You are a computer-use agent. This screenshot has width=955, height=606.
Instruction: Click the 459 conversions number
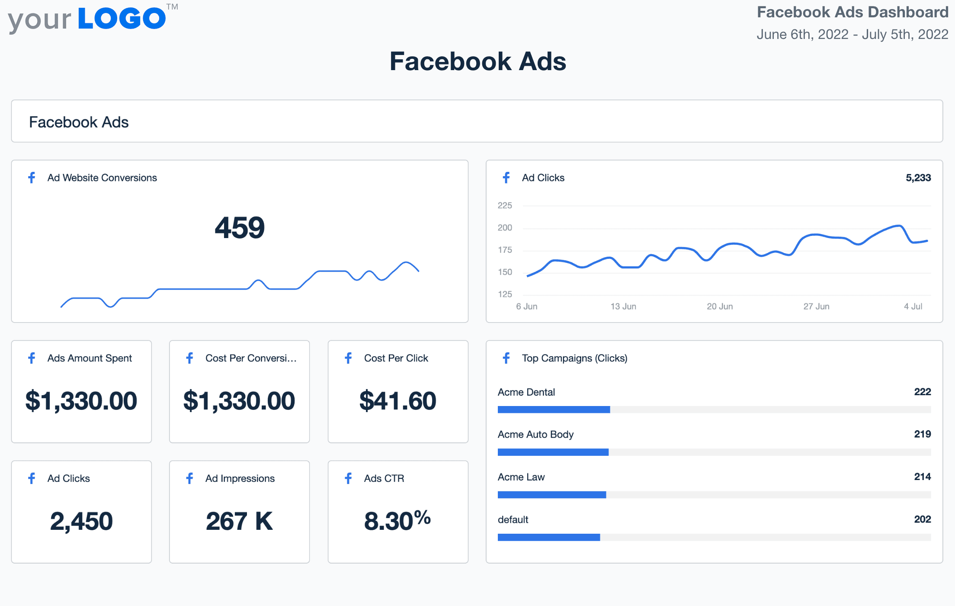pyautogui.click(x=240, y=228)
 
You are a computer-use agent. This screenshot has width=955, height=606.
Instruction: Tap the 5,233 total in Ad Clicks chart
pyautogui.click(x=918, y=178)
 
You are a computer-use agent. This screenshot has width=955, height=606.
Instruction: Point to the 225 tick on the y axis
pyautogui.click(x=505, y=206)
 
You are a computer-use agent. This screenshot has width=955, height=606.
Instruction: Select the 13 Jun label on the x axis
pyautogui.click(x=623, y=306)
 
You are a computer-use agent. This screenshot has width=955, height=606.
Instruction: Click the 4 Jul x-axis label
pyautogui.click(x=913, y=306)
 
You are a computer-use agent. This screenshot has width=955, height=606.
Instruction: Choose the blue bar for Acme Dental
pyautogui.click(x=554, y=409)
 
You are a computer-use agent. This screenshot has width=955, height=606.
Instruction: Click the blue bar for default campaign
pyautogui.click(x=548, y=537)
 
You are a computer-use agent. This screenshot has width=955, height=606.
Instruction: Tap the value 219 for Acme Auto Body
pyautogui.click(x=922, y=434)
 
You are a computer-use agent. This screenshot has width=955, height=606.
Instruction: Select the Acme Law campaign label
pyautogui.click(x=521, y=477)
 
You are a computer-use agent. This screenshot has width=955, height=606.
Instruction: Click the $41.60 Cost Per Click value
pyautogui.click(x=398, y=401)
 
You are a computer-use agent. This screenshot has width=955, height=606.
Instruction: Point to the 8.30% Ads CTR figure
pyautogui.click(x=397, y=521)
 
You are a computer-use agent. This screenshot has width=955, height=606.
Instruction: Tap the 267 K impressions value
pyautogui.click(x=239, y=521)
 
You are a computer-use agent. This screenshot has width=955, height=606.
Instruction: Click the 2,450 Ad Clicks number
pyautogui.click(x=81, y=521)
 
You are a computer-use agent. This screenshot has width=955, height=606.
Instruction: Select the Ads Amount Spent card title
pyautogui.click(x=90, y=358)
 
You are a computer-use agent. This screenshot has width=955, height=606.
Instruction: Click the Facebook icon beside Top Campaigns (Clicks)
pyautogui.click(x=506, y=358)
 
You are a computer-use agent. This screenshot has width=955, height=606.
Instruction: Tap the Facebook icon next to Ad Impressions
pyautogui.click(x=189, y=478)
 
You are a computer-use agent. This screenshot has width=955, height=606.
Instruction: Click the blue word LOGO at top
pyautogui.click(x=122, y=19)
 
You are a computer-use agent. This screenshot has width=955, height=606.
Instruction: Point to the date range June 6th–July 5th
pyautogui.click(x=852, y=35)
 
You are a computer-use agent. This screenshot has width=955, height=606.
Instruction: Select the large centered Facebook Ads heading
pyautogui.click(x=477, y=61)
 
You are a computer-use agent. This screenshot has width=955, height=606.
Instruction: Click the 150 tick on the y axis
pyautogui.click(x=505, y=272)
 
